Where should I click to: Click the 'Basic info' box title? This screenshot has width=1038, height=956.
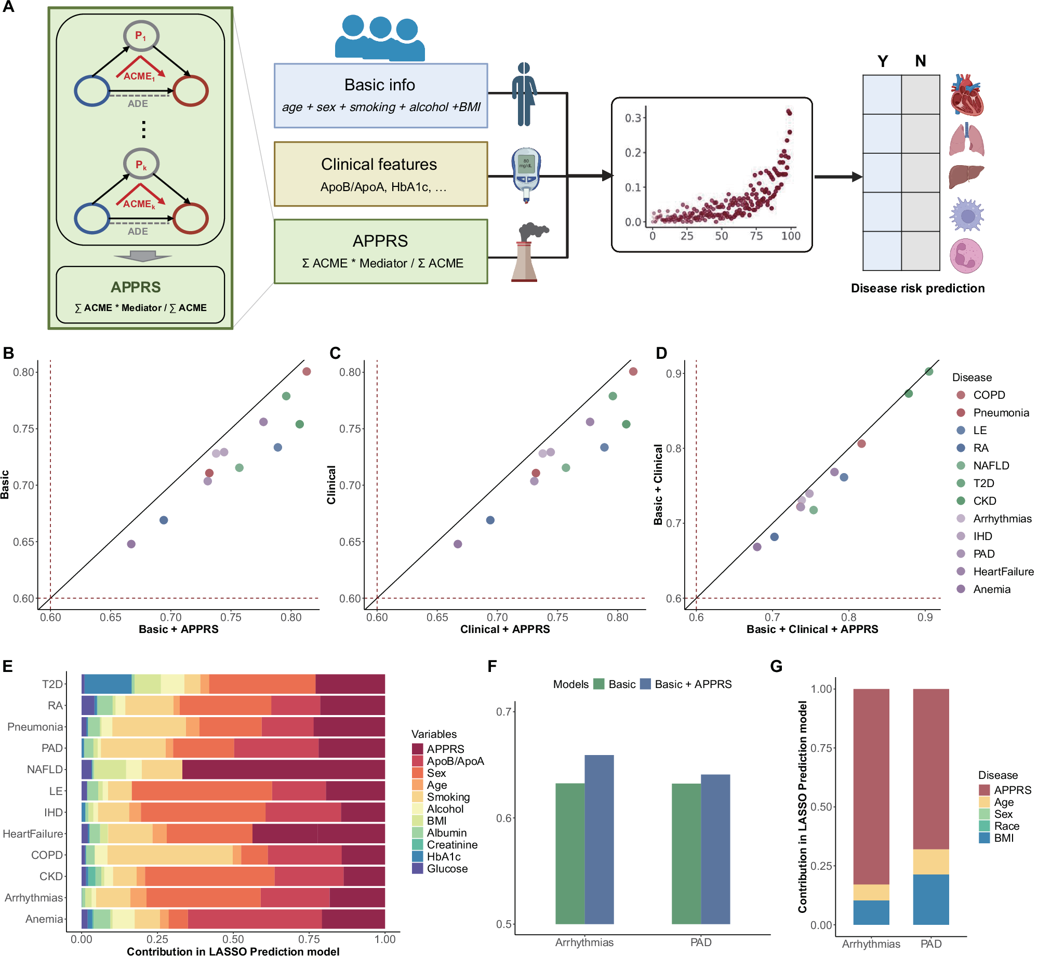coord(379,85)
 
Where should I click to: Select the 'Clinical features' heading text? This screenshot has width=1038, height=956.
coord(379,164)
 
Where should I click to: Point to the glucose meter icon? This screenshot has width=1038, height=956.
coord(526,174)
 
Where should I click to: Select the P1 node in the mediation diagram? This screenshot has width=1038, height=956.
coord(141,36)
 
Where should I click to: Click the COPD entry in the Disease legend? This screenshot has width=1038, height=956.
coord(988,395)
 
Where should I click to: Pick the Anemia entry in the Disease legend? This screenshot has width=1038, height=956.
coord(991,589)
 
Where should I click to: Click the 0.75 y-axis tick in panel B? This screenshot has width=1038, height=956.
coord(23,429)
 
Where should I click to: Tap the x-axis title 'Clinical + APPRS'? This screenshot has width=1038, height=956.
coord(504,629)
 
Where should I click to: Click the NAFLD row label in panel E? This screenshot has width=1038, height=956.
coord(45,770)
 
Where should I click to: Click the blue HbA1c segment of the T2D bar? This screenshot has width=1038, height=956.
coord(108,684)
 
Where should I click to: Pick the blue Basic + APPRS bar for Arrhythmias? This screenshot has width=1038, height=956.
coord(599,839)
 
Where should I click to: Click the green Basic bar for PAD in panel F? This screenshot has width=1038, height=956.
coord(686,853)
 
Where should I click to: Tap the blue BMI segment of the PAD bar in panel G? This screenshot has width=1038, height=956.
coord(930,899)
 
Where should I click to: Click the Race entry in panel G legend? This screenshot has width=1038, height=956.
coord(1006,826)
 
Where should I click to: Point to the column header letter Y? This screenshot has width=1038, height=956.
coord(882,61)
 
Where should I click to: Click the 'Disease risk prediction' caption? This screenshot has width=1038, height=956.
coord(917,288)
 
